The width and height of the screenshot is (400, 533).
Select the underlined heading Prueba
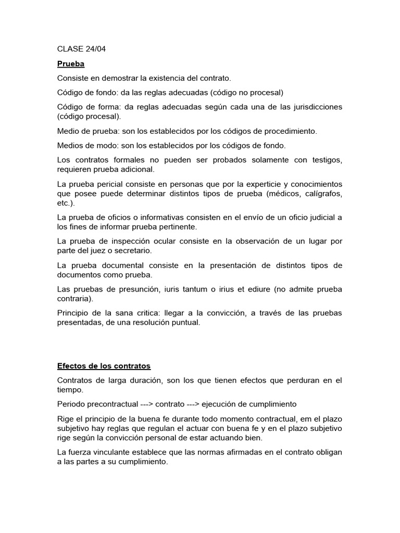click(71, 64)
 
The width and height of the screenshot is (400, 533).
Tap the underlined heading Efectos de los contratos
click(104, 366)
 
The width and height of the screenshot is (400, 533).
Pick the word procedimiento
click(290, 131)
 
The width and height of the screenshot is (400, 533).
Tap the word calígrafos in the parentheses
click(321, 194)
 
